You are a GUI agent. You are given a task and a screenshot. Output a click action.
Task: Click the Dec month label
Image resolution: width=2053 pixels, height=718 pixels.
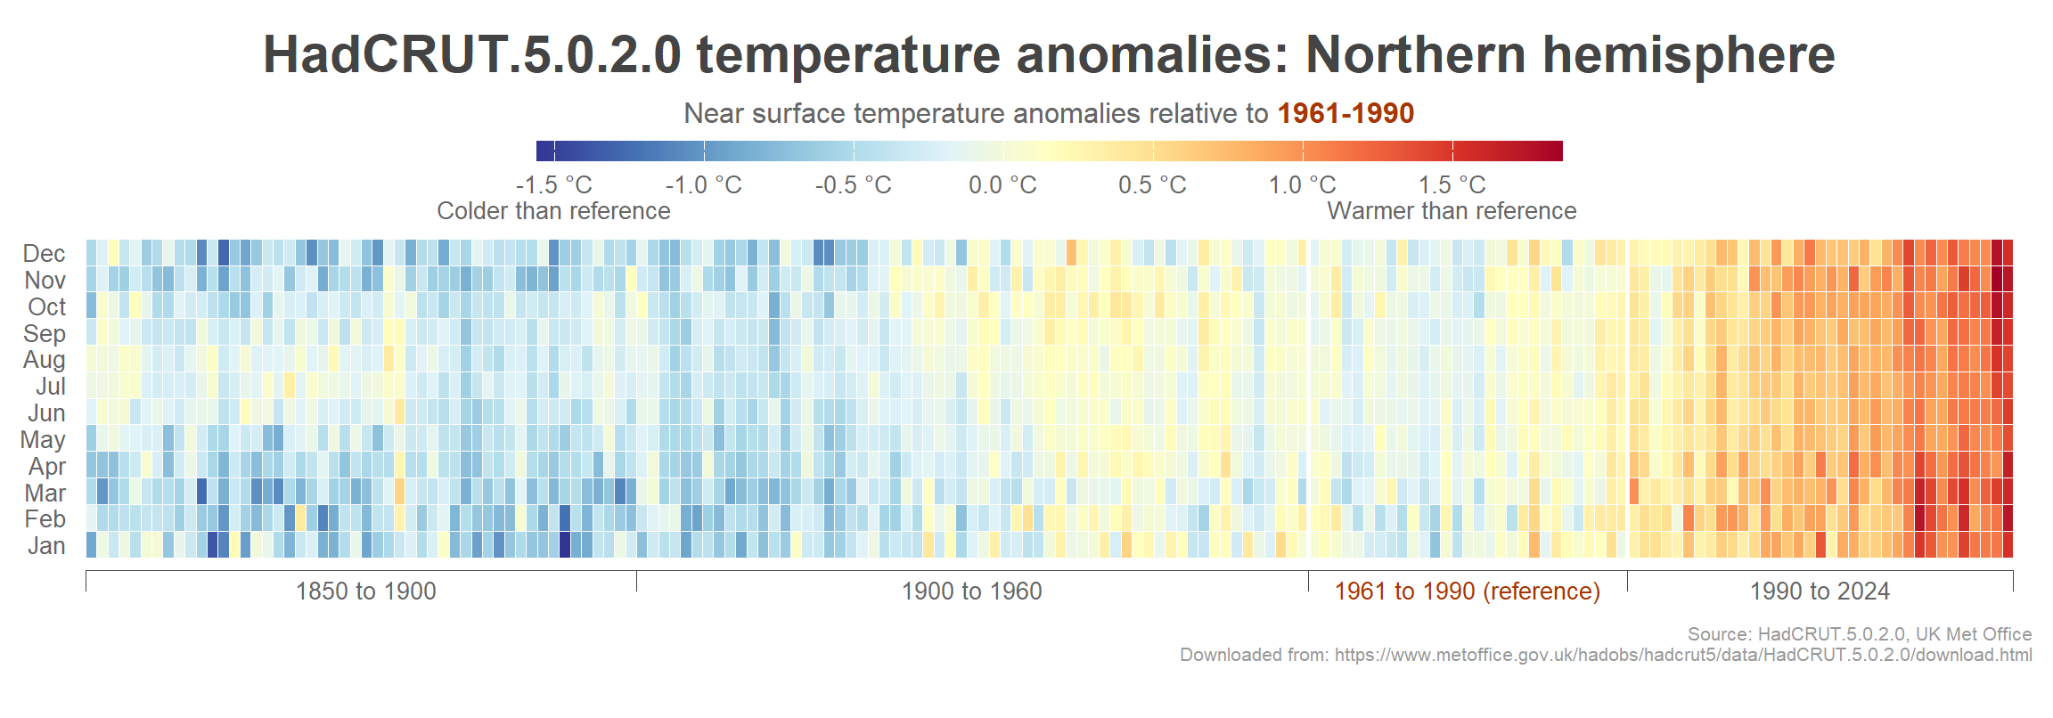point(45,254)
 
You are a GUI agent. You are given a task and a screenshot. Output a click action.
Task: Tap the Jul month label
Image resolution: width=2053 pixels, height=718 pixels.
point(51,387)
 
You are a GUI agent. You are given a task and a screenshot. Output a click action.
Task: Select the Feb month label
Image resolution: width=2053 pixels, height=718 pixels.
point(45,519)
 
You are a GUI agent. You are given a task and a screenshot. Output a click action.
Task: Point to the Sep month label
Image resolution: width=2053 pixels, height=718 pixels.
point(45,334)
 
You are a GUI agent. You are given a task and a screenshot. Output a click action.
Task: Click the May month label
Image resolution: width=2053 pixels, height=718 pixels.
point(43,440)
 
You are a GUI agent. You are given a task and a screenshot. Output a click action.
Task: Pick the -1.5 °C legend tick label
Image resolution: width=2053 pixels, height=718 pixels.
point(553,185)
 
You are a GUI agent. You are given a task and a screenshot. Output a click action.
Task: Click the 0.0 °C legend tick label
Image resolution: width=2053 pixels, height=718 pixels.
point(1002,185)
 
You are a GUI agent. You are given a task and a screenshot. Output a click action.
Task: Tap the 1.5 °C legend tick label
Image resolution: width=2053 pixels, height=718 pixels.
point(1452,185)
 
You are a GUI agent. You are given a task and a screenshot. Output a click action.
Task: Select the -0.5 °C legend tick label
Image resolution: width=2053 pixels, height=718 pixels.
point(853,185)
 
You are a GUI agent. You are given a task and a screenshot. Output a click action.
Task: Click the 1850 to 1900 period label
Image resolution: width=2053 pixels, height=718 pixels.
point(365,592)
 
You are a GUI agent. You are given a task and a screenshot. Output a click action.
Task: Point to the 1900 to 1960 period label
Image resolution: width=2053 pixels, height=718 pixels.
point(971,592)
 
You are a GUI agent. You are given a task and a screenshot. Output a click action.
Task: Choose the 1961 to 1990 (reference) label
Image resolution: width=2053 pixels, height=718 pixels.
point(1467,592)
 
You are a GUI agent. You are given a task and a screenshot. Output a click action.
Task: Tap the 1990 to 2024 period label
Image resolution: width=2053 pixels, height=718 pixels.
point(1820,592)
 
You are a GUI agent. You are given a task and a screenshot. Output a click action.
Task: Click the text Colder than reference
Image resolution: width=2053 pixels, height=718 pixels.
point(553,211)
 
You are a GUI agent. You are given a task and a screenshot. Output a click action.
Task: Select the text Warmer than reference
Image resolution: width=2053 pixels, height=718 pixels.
point(1452,211)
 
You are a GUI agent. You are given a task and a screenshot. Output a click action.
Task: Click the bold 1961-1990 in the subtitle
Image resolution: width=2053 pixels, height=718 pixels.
point(1345,114)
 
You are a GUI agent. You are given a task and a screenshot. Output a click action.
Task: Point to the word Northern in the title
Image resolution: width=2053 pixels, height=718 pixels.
point(1416,55)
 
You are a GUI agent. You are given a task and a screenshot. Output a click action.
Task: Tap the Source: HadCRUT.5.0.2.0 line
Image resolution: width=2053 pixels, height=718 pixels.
point(1859,634)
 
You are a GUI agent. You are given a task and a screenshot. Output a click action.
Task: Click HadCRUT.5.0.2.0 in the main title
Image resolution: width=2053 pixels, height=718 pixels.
point(472,55)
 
